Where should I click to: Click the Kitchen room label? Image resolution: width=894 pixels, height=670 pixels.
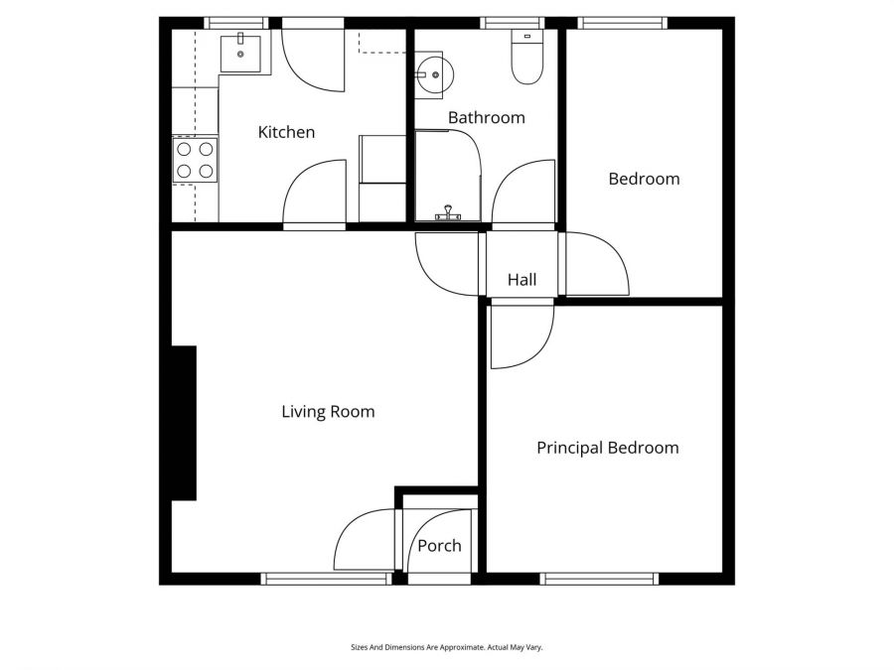click(286, 132)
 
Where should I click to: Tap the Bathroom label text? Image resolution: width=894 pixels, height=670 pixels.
click(486, 117)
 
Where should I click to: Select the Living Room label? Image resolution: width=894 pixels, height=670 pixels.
click(328, 411)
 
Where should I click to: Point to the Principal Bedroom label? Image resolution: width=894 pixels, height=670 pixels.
click(608, 448)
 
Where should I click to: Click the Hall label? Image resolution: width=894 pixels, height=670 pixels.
click(521, 280)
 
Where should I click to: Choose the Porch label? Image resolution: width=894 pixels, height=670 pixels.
click(439, 546)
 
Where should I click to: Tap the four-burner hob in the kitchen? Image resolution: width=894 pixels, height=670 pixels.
click(195, 160)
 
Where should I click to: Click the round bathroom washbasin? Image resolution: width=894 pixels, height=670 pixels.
click(433, 72)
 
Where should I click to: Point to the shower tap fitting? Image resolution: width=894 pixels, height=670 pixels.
click(448, 213)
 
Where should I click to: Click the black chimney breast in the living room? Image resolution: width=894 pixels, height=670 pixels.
click(184, 423)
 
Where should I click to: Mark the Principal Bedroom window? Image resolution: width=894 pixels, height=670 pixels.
click(599, 579)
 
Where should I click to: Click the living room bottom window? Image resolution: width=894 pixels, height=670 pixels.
click(326, 579)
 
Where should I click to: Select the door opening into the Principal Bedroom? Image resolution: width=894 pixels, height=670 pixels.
click(520, 335)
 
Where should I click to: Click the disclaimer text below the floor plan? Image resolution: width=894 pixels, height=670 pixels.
click(446, 647)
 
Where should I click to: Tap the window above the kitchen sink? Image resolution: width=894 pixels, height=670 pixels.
click(236, 23)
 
